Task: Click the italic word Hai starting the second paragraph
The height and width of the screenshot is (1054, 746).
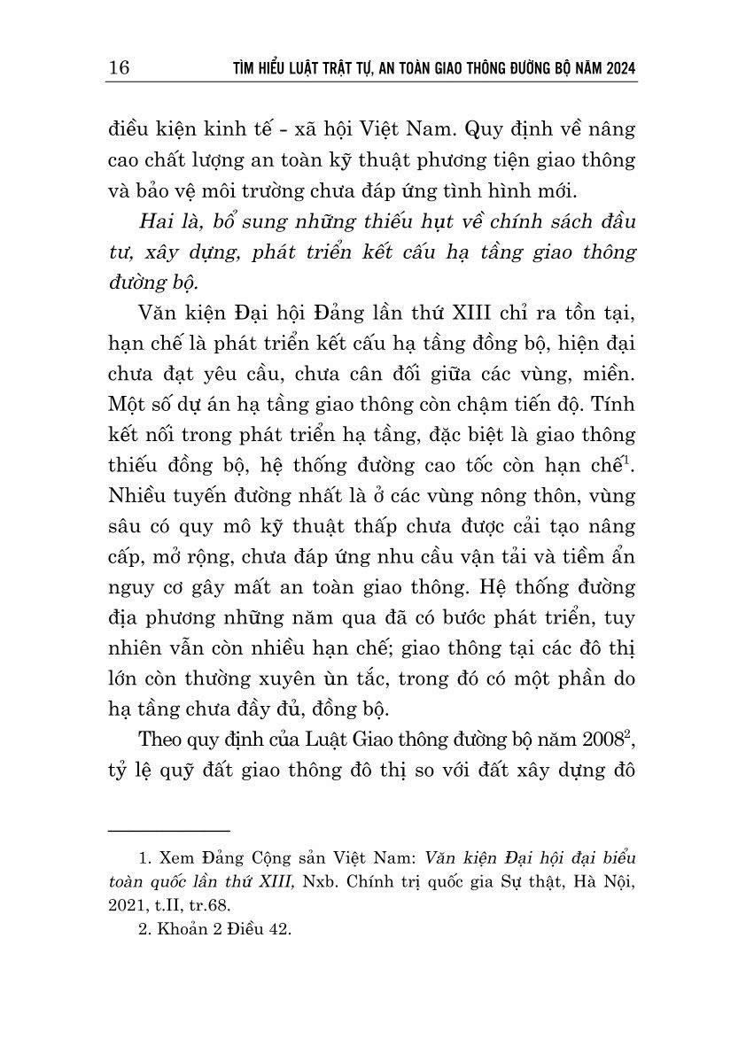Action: click(158, 221)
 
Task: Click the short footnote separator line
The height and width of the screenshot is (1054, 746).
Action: click(168, 830)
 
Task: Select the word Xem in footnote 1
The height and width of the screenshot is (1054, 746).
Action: click(174, 860)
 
